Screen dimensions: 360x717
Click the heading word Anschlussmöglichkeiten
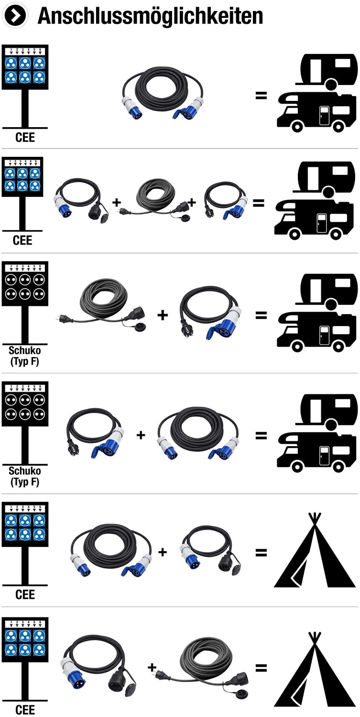[150, 15]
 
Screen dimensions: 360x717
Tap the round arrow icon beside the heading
[15, 15]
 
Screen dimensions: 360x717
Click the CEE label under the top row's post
[25, 138]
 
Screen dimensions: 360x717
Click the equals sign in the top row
[261, 95]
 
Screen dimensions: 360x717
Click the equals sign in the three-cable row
[259, 202]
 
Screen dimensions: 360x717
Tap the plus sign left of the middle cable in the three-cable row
[116, 202]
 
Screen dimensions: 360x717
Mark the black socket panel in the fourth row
[25, 404]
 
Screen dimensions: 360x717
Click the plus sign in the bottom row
[152, 667]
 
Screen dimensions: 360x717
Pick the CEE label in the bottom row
[25, 710]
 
